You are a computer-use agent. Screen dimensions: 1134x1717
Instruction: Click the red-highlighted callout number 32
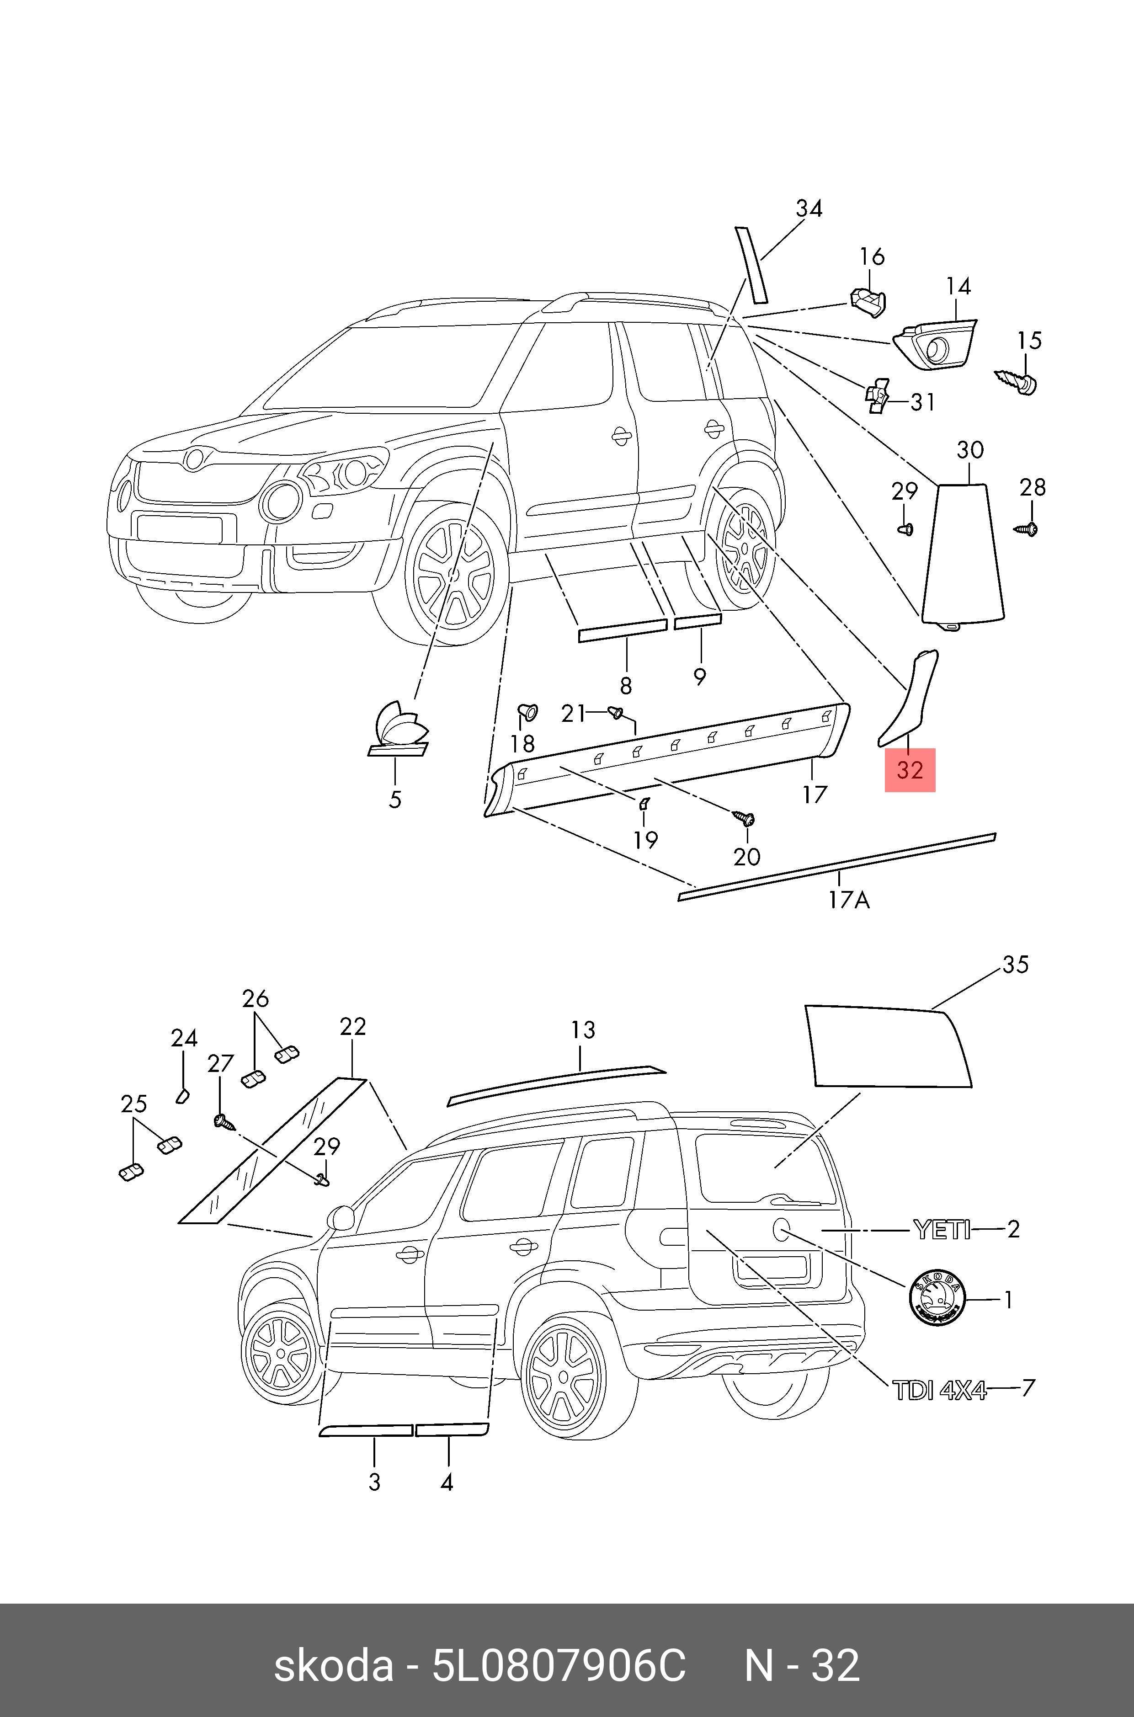click(910, 770)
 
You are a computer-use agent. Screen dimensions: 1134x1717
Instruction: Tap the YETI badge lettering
click(942, 1230)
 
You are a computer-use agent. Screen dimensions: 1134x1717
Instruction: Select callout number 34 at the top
click(809, 209)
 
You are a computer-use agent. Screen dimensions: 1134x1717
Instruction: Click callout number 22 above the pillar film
click(352, 1027)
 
